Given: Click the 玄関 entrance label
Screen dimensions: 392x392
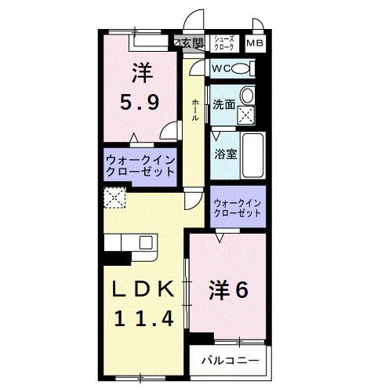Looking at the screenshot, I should tap(191, 42).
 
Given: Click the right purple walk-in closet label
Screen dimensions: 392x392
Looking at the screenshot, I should tap(238, 208).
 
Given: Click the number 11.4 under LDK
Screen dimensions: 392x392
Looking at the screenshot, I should tap(142, 318).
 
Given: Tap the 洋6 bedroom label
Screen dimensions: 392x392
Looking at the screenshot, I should tap(229, 290).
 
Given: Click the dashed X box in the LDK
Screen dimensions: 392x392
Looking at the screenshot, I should tap(114, 199).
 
